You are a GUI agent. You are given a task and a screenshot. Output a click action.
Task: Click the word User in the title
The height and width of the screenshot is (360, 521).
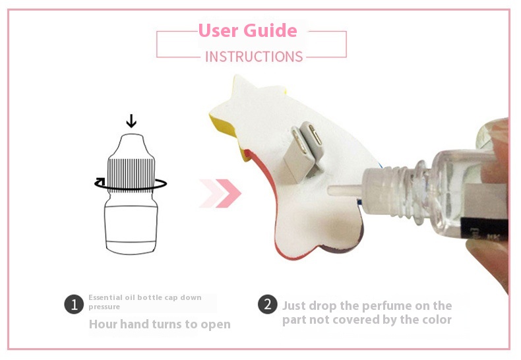(x=219, y=30)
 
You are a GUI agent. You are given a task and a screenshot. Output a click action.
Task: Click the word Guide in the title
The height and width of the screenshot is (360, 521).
(x=270, y=30)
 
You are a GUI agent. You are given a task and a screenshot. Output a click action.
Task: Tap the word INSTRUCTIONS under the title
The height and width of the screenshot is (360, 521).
(x=254, y=57)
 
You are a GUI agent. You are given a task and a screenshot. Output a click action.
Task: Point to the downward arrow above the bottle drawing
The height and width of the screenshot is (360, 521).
(x=131, y=121)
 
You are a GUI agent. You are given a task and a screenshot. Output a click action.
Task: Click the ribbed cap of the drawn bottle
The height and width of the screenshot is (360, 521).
(x=131, y=175)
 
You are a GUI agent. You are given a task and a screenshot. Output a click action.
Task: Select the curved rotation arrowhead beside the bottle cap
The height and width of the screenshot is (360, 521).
(x=100, y=181)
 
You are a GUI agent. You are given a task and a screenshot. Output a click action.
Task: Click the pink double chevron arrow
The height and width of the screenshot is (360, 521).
(x=220, y=193)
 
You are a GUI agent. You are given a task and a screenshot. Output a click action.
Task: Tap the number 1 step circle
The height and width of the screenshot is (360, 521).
(x=74, y=304)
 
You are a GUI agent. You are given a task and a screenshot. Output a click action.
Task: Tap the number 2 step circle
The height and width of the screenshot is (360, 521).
(x=268, y=304)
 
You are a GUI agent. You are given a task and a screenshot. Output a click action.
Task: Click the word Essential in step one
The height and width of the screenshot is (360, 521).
(x=106, y=297)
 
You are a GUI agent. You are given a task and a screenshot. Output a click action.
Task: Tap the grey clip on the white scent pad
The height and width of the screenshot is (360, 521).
(x=303, y=150)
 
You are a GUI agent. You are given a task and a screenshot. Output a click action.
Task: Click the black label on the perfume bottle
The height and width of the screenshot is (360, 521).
(x=485, y=229)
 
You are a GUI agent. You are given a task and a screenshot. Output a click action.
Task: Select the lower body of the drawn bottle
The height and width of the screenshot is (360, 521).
(x=131, y=227)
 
